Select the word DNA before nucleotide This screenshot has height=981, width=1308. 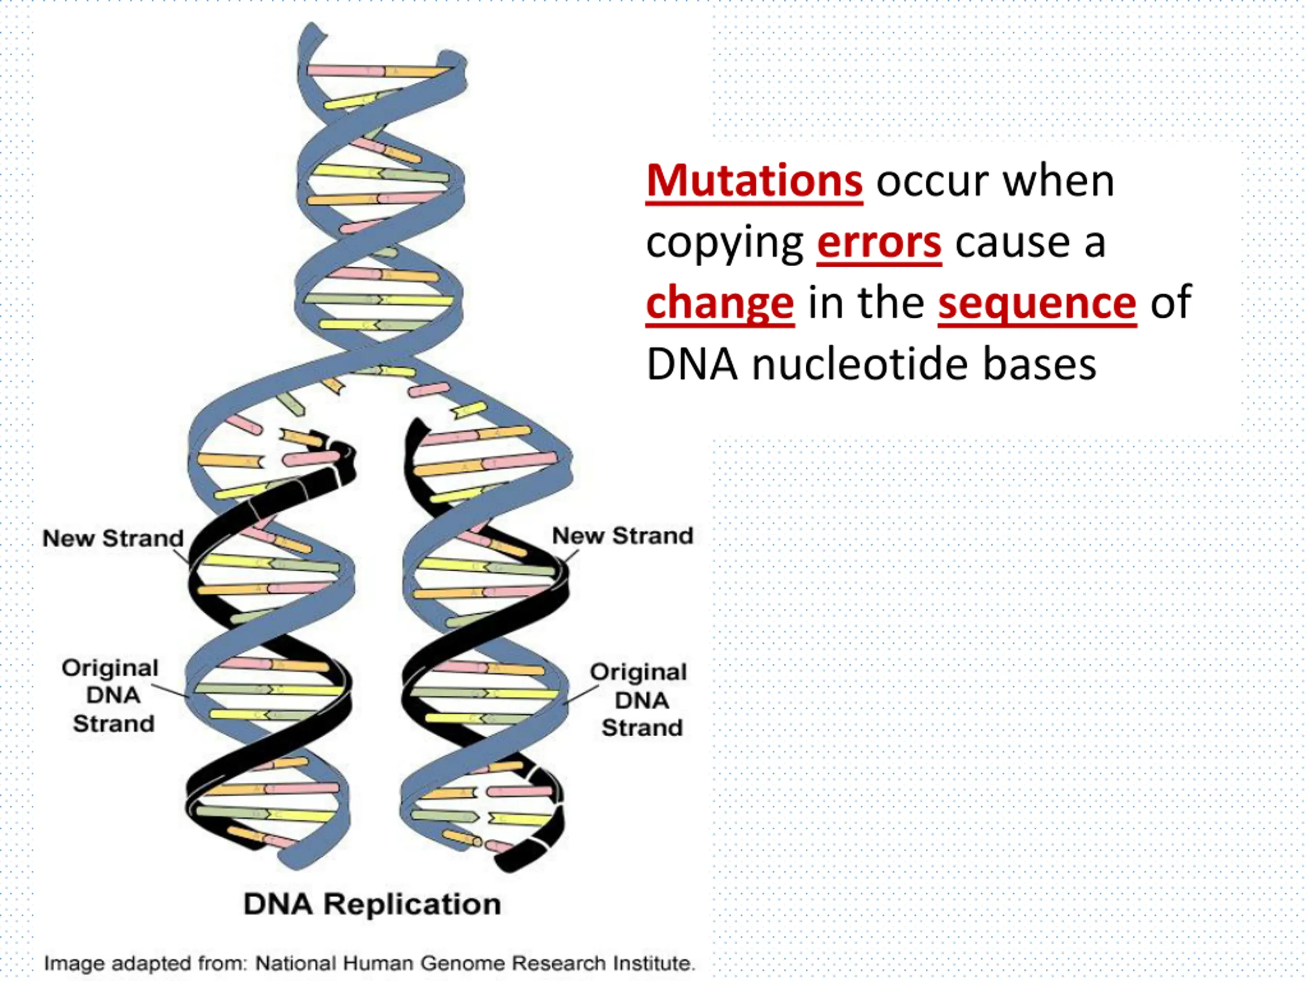[x=692, y=364]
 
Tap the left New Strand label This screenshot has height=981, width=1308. [x=113, y=538]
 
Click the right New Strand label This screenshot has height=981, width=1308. [x=622, y=536]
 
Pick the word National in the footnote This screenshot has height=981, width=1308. [x=296, y=963]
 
